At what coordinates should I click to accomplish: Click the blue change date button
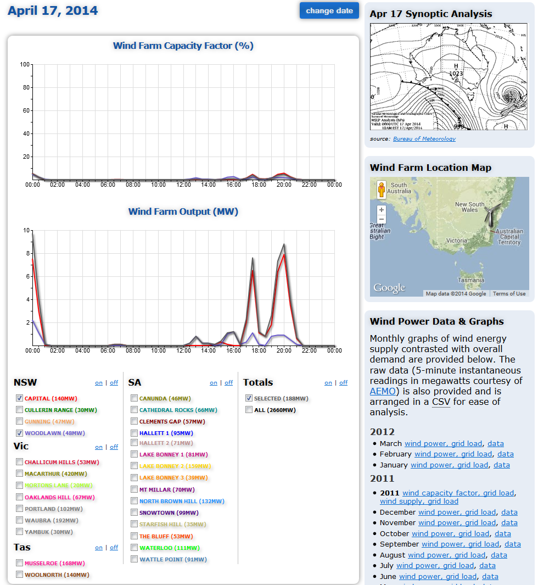tap(329, 10)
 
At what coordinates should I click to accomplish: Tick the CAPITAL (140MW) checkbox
tap(20, 398)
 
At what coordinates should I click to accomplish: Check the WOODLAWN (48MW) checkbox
tap(20, 433)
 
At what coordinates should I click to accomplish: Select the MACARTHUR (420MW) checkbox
tap(20, 473)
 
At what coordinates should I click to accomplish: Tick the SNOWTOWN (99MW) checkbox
tap(134, 512)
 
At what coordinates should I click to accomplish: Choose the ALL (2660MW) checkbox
tap(249, 410)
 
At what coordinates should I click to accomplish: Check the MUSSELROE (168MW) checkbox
tap(20, 563)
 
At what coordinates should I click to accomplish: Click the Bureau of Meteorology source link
tap(424, 139)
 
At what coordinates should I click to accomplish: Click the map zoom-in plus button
tap(382, 210)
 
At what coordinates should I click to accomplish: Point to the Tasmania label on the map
tap(471, 280)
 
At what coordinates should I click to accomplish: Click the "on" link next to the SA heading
tap(214, 383)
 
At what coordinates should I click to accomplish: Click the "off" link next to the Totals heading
tap(344, 383)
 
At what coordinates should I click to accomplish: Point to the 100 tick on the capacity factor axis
tap(24, 65)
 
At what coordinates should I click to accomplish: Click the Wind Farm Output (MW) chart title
tap(183, 211)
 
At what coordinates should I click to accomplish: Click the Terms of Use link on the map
tap(509, 294)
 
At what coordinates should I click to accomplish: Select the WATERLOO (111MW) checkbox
tap(134, 548)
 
